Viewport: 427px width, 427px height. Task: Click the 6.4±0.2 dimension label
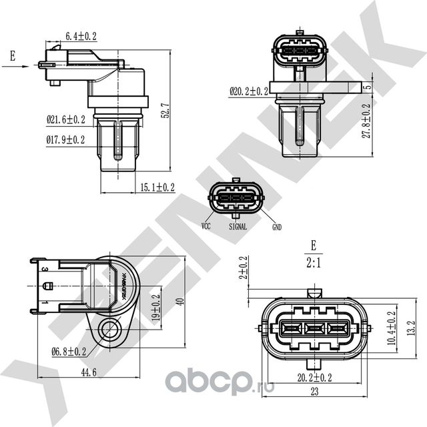[80, 36]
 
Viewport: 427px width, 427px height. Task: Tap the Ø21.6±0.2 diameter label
[65, 120]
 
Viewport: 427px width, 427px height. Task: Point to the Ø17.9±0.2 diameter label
[65, 139]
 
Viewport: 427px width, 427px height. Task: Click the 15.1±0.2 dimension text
[157, 187]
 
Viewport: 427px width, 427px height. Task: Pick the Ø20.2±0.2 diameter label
[248, 91]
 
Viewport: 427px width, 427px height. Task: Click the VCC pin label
[205, 227]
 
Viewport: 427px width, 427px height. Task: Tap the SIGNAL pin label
[238, 227]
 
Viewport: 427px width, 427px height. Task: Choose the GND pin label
[276, 227]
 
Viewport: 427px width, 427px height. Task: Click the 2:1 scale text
[313, 262]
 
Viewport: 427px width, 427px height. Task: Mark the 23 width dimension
[313, 393]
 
